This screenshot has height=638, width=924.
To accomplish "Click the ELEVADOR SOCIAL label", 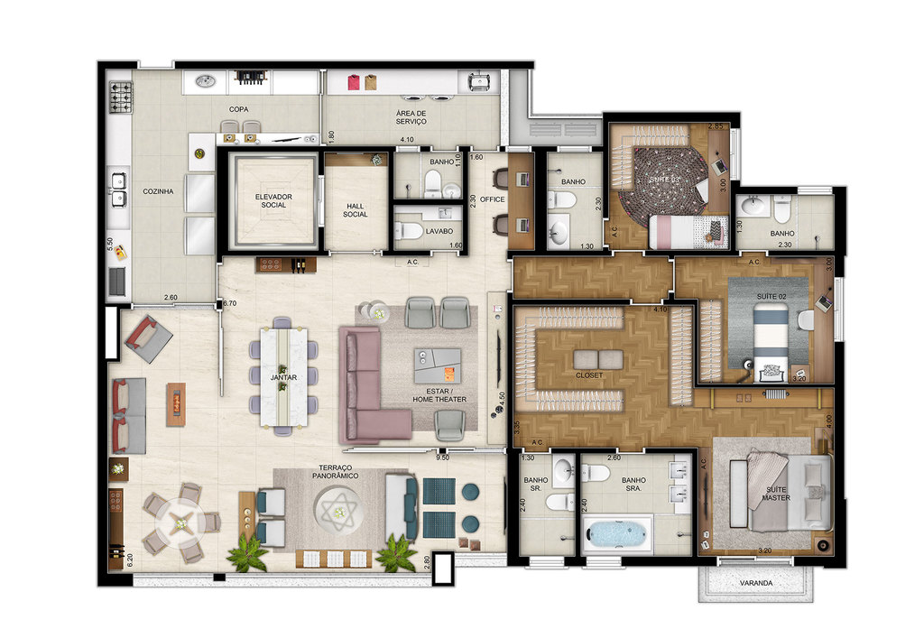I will pos(273,199).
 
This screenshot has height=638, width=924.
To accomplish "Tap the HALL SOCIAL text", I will pos(356,209).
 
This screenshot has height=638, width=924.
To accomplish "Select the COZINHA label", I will pos(158,191).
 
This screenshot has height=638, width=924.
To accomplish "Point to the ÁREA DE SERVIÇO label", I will pos(411,116).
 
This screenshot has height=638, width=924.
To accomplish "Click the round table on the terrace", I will pos(184,522).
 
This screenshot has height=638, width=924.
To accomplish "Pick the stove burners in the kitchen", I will pos(121,93).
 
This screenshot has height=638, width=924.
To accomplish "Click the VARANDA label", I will pos(756,584).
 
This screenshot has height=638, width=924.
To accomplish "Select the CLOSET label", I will pos(589,374).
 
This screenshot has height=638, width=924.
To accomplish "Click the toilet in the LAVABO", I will pos(411,232).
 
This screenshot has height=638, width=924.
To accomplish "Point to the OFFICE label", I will pos(492,199).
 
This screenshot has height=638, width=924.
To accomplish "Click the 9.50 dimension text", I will pos(442,458).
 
